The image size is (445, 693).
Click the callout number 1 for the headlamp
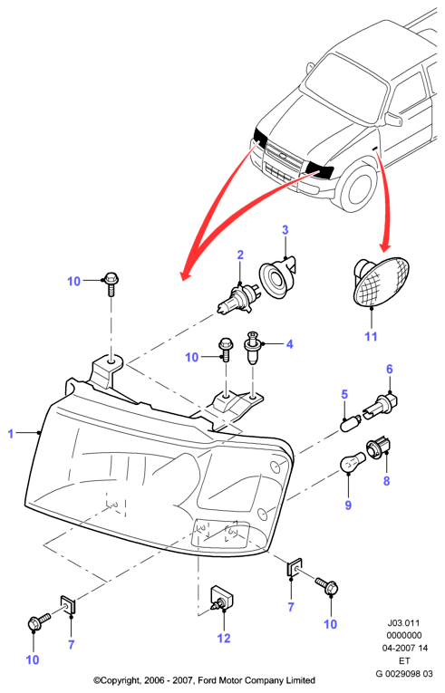coord(11,434)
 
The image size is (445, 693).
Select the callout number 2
coord(240,255)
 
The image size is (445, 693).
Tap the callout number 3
coord(285,230)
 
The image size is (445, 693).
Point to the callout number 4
coord(290,344)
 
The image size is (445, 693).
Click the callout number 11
coord(371,336)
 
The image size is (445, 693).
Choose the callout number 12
coord(224,638)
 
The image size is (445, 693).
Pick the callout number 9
coord(348,505)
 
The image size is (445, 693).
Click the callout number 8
coord(387,480)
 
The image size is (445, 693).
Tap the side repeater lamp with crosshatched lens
coord(382,281)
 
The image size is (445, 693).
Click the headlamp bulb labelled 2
coord(237,300)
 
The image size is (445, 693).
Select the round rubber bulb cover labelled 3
coord(277,277)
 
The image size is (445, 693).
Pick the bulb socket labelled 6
coord(381,404)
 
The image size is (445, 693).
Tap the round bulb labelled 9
coord(353,462)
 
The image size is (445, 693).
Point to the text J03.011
coord(403,623)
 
